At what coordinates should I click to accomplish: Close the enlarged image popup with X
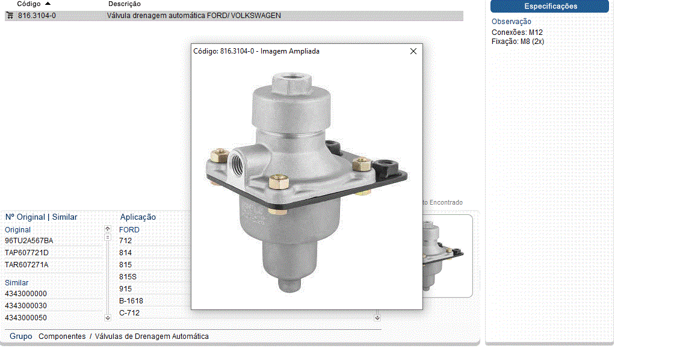point(413,51)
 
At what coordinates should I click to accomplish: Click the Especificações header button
point(549,6)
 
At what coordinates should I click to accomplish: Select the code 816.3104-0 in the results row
point(37,16)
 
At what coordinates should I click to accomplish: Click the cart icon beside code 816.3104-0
point(10,16)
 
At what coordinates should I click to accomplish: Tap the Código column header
point(29,4)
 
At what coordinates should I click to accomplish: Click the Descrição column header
point(124,4)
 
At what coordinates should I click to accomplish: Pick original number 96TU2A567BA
point(29,241)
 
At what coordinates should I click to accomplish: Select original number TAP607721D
point(26,253)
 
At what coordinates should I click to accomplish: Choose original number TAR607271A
point(26,265)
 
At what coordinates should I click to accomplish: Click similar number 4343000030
point(26,306)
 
